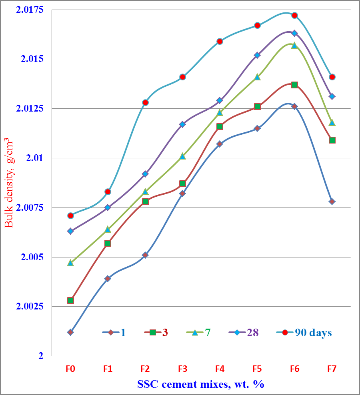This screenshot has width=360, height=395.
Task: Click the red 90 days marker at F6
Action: (294, 15)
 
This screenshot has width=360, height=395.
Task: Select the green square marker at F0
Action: (70, 300)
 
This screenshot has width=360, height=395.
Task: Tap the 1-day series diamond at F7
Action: (332, 201)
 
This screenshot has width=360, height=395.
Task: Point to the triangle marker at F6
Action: (294, 45)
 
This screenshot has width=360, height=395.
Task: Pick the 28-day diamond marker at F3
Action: (182, 124)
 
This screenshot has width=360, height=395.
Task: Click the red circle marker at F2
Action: (145, 102)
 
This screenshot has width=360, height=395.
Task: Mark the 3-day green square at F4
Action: (220, 126)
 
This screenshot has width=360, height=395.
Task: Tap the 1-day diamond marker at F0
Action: (70, 332)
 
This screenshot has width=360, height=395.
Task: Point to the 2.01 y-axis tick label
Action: (34, 158)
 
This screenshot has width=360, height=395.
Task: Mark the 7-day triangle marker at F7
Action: (332, 122)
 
